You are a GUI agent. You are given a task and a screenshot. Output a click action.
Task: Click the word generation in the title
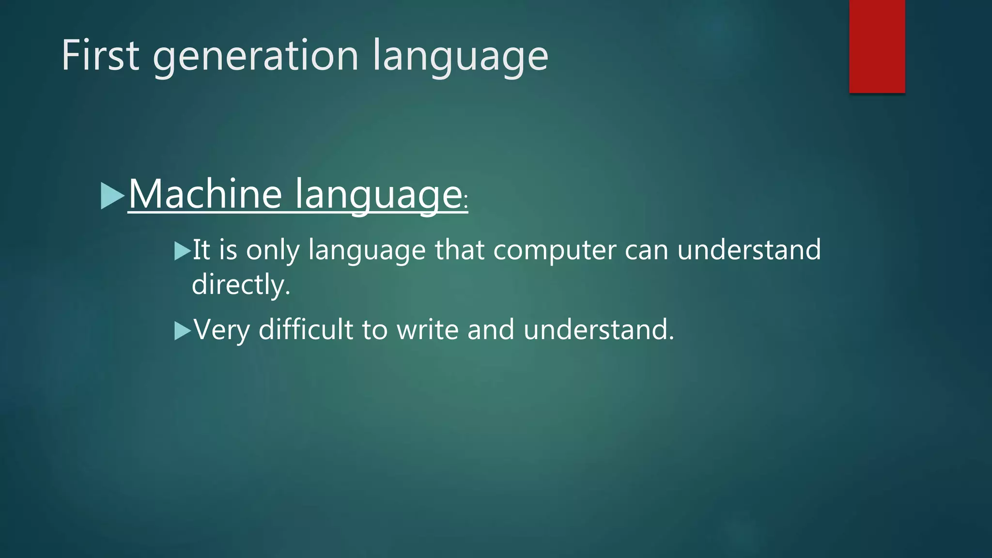click(256, 57)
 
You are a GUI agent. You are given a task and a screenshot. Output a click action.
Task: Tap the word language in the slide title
click(460, 57)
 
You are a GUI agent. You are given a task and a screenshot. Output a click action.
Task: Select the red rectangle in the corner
click(877, 46)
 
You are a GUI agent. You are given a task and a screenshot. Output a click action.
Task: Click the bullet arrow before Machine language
click(112, 196)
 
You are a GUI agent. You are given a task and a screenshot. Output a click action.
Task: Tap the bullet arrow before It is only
click(182, 251)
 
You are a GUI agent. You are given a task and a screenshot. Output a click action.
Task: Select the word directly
click(241, 284)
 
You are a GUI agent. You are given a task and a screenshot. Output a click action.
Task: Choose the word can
click(646, 250)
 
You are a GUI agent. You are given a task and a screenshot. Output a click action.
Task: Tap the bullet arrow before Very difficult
click(182, 331)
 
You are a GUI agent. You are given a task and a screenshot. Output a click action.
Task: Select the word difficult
click(306, 329)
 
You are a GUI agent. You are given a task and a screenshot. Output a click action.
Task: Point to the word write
click(427, 329)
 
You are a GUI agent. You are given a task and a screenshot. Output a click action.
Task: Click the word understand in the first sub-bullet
click(748, 250)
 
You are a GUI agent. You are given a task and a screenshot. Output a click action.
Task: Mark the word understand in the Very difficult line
click(599, 329)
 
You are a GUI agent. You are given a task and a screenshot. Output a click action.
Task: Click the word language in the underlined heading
click(378, 195)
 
